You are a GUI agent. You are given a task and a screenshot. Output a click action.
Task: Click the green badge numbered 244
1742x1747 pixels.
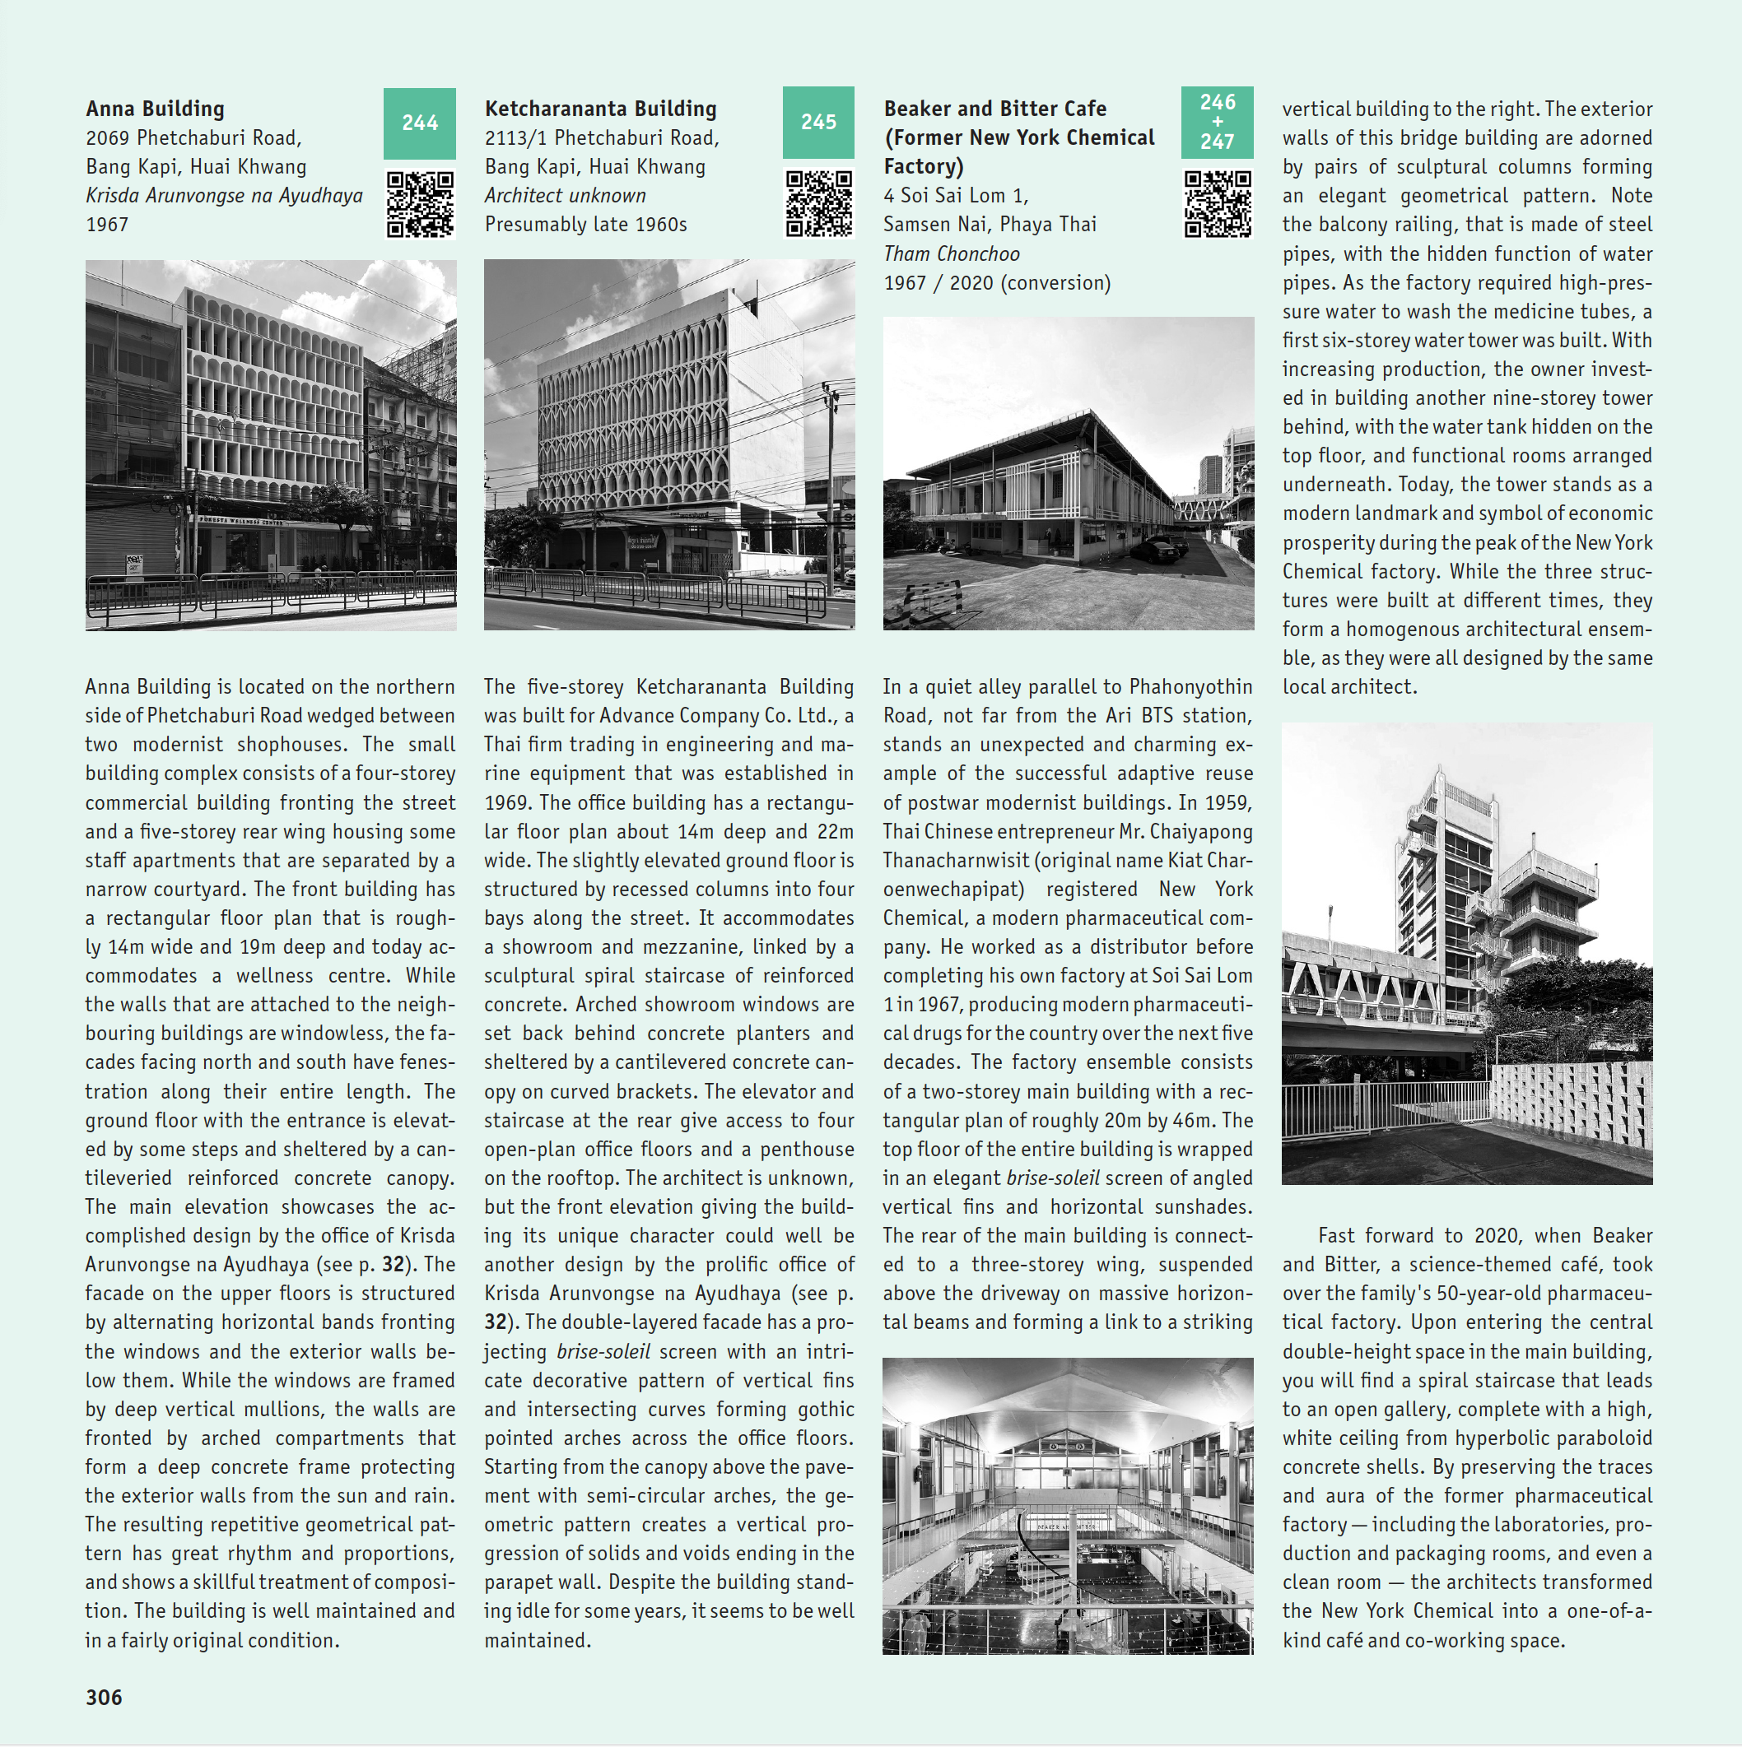(420, 123)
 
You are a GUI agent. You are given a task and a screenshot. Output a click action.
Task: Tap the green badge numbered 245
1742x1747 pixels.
(817, 122)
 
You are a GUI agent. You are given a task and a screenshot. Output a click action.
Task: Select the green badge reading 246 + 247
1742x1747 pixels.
(1217, 122)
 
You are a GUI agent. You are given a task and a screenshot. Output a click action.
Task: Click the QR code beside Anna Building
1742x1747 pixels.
(420, 204)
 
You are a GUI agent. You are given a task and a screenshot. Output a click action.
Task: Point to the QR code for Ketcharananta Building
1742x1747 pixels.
(817, 204)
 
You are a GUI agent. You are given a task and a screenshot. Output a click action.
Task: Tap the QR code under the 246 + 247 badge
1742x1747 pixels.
(1218, 204)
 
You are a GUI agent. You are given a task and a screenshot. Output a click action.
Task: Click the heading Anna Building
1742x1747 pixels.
(156, 109)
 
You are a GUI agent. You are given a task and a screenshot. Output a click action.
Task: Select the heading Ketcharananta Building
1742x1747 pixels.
(601, 109)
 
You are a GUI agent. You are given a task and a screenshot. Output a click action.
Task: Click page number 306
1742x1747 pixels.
(104, 1698)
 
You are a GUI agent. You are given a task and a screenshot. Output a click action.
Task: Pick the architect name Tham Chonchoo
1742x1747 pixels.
(952, 254)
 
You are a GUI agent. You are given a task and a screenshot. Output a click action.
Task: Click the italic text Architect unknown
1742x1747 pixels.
(566, 195)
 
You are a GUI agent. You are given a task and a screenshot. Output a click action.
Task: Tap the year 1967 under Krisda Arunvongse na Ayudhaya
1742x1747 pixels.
(107, 225)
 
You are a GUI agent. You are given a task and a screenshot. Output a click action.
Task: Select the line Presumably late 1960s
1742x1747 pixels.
(585, 225)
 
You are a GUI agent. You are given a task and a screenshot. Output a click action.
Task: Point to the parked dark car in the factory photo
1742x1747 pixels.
(1158, 548)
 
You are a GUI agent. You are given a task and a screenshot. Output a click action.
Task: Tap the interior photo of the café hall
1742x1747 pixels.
(1067, 1506)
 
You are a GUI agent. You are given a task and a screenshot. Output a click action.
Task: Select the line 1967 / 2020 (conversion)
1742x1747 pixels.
(997, 283)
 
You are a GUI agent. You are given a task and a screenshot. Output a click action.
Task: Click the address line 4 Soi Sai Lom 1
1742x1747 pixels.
(956, 195)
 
